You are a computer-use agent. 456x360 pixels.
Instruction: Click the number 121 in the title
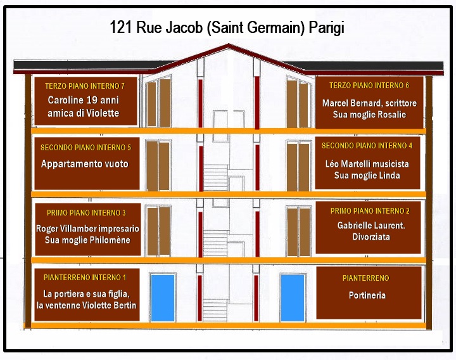[x=121, y=27]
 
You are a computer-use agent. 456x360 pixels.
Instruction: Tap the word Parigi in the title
[x=327, y=28]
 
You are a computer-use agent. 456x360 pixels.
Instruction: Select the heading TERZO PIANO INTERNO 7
[x=85, y=86]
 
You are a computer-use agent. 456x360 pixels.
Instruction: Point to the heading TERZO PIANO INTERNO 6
[x=369, y=86]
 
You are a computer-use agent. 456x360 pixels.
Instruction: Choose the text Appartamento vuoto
[x=85, y=164]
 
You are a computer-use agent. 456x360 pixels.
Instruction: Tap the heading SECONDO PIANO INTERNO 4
[x=367, y=146]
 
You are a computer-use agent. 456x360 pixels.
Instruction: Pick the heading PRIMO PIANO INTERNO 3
[x=86, y=213]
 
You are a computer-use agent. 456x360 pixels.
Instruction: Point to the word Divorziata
[x=371, y=236]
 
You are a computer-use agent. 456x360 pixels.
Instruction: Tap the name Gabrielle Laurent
[x=371, y=225]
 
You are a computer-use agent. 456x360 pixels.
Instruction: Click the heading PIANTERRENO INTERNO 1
[x=85, y=278]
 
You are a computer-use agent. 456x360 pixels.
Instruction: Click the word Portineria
[x=367, y=295]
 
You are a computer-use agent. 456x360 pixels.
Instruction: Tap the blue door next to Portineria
[x=293, y=298]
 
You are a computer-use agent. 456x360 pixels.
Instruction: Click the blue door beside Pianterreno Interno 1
[x=163, y=298]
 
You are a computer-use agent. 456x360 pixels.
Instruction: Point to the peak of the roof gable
[x=229, y=45]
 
